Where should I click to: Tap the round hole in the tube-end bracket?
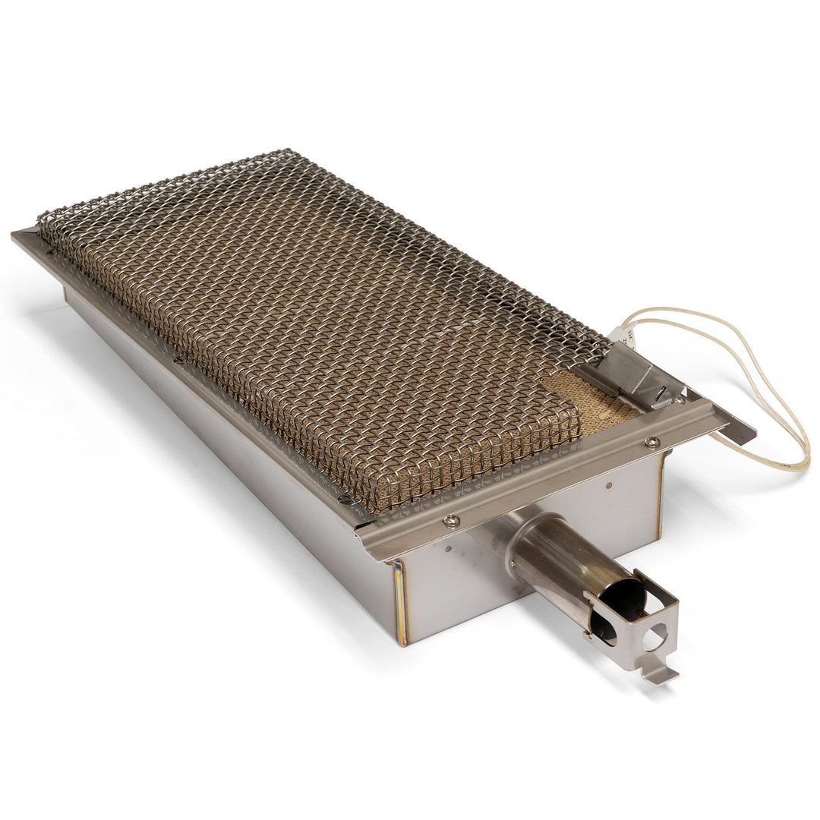pyautogui.click(x=655, y=636)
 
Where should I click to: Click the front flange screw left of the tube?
pyautogui.click(x=452, y=520)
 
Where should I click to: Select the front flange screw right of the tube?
pyautogui.click(x=651, y=441)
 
